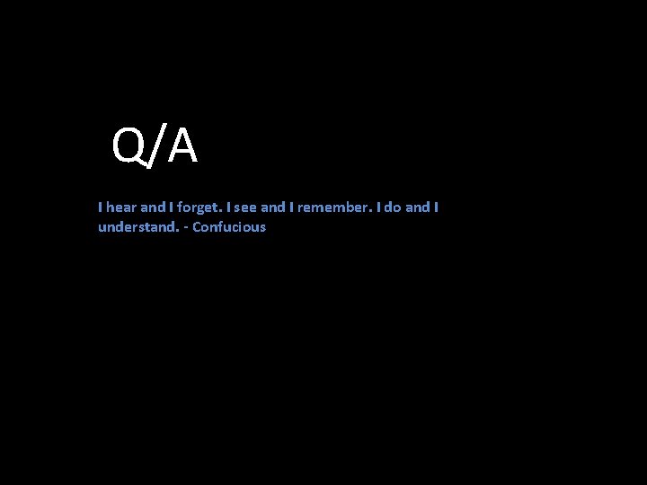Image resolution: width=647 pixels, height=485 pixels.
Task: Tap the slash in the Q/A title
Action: coord(155,146)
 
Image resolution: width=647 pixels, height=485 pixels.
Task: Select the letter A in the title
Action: coord(182,146)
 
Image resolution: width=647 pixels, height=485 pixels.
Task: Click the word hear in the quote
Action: coord(121,207)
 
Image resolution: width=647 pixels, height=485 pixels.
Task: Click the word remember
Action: coord(333,207)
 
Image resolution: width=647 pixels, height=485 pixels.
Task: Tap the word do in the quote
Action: coord(393,207)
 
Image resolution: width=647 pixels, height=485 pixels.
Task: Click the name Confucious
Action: coord(229,227)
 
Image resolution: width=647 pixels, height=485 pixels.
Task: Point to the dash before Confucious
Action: coord(185,228)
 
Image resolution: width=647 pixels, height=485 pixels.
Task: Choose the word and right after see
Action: coord(272,207)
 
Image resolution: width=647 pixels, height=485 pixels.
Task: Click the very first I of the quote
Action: coord(100,207)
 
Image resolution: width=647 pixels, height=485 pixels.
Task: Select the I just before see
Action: coord(229,207)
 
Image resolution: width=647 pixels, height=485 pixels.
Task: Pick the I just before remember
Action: coord(291,207)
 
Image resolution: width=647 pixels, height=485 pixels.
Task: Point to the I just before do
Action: coord(379,207)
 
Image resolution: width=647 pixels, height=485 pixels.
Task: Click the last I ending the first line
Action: coord(437,207)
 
